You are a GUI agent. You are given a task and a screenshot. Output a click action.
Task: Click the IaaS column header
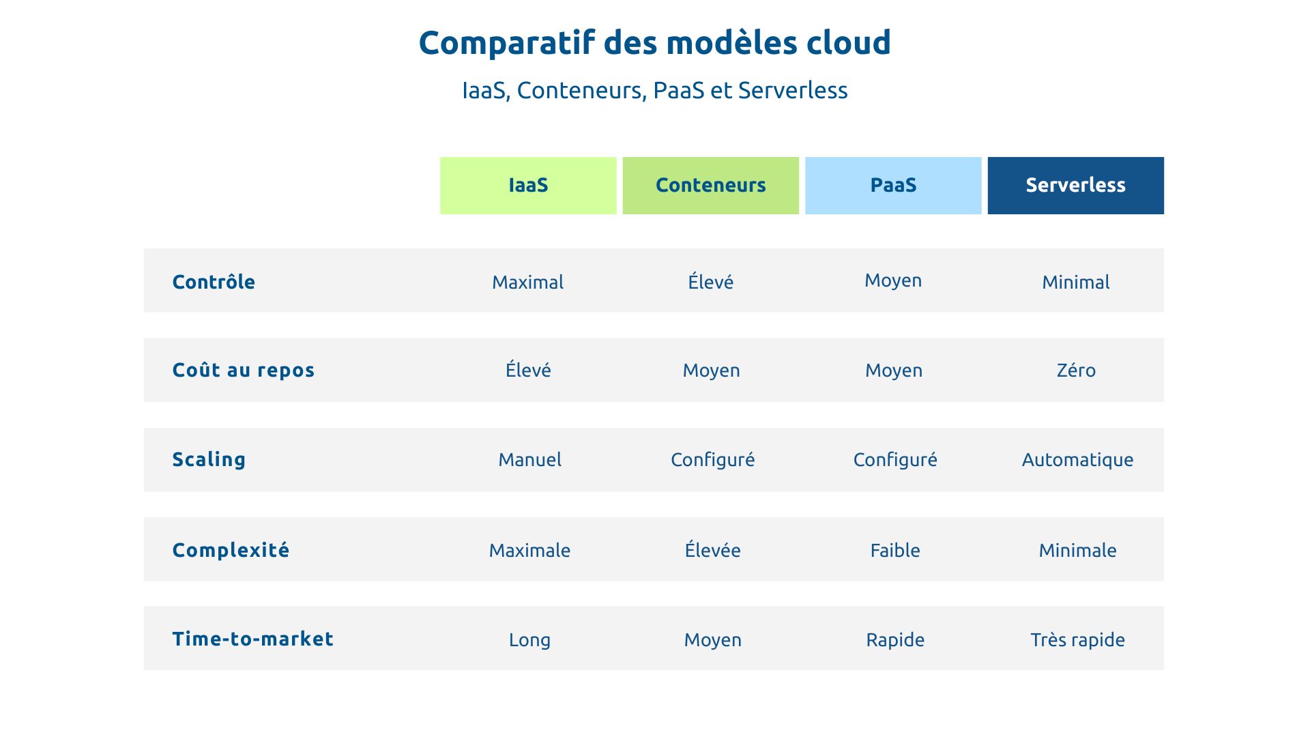[x=528, y=186]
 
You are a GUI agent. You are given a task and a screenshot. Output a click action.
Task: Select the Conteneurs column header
[x=710, y=186]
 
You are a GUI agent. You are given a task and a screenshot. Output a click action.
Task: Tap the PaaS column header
[x=893, y=186]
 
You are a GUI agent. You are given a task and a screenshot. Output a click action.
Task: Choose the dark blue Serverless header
[x=1075, y=186]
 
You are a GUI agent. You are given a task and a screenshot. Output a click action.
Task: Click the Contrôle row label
[x=214, y=282]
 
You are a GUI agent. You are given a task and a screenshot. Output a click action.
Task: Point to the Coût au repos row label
[x=244, y=370]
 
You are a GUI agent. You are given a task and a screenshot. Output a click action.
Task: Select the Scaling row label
[x=209, y=459]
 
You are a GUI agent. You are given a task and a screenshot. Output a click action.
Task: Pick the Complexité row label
[x=231, y=550]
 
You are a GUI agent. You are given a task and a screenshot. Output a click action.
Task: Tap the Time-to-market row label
[x=253, y=639]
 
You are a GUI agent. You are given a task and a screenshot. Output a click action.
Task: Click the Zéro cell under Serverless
[x=1076, y=370]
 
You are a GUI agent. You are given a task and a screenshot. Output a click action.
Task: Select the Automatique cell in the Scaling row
[x=1077, y=460]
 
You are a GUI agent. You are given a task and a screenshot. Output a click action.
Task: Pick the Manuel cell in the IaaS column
[x=530, y=460]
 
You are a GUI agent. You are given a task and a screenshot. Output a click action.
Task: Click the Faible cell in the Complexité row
[x=895, y=550]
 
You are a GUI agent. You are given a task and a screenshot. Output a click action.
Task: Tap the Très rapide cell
[x=1077, y=639]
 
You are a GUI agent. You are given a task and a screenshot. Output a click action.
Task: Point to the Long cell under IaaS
[x=529, y=640]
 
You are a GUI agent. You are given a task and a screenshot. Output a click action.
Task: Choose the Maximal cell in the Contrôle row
[x=527, y=282]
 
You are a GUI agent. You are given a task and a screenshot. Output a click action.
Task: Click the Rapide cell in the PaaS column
[x=895, y=639]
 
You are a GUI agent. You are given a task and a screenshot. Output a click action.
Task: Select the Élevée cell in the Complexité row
[x=712, y=550]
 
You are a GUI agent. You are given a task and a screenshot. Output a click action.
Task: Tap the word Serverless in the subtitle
[x=793, y=90]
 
